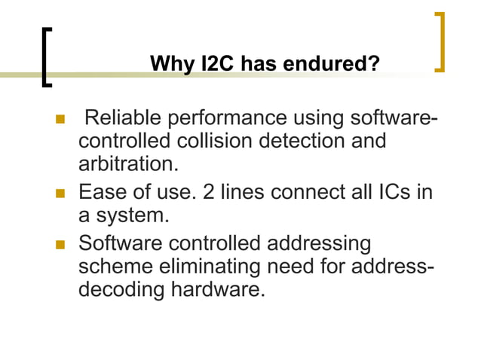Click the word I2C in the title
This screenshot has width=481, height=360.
219,64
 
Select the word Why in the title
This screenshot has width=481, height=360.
172,64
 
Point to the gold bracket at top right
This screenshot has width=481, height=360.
440,41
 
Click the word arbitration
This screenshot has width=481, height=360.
127,163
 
